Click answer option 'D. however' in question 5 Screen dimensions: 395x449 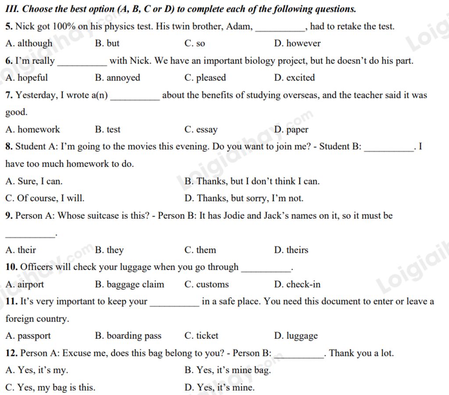[x=297, y=43]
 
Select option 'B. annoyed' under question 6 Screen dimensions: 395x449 [x=118, y=78]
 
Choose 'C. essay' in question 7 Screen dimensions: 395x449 [x=201, y=129]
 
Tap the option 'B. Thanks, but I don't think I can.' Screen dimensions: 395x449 [x=252, y=181]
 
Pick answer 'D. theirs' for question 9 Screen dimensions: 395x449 [x=291, y=250]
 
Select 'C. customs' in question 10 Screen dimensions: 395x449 [x=207, y=284]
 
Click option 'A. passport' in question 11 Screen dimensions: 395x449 [x=28, y=336]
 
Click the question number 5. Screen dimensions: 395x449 [x=9, y=26]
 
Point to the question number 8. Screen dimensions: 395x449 [x=9, y=147]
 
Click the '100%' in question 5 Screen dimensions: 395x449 [x=64, y=26]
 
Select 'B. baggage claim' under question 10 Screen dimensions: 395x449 [x=129, y=284]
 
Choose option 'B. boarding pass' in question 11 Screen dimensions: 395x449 [x=128, y=336]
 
